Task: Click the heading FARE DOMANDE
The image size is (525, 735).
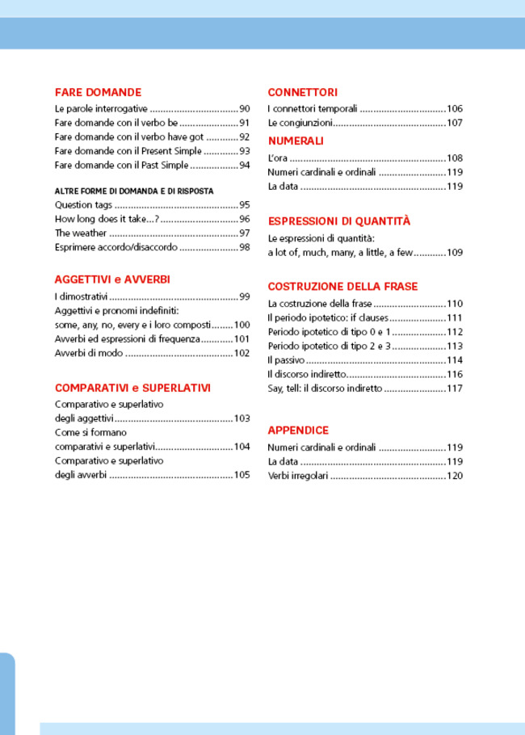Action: pyautogui.click(x=98, y=92)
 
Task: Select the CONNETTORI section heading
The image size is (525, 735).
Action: pyautogui.click(x=302, y=92)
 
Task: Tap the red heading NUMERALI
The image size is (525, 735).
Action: pyautogui.click(x=296, y=141)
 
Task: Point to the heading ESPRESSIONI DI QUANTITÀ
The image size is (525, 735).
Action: pyautogui.click(x=338, y=220)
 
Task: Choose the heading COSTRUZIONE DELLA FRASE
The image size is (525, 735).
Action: pyautogui.click(x=342, y=286)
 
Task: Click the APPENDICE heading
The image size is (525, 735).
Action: pyautogui.click(x=298, y=430)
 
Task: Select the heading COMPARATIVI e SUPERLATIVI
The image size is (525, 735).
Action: pyautogui.click(x=132, y=388)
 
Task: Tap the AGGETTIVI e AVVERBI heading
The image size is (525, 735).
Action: pyautogui.click(x=111, y=279)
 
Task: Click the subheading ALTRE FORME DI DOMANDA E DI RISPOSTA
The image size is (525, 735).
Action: pyautogui.click(x=133, y=191)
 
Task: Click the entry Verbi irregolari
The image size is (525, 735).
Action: pyautogui.click(x=298, y=476)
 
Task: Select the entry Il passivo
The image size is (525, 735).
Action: pyautogui.click(x=286, y=359)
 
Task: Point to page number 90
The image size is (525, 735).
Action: pyautogui.click(x=244, y=108)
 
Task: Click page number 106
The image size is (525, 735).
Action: pyautogui.click(x=455, y=108)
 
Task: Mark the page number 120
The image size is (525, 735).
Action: pyautogui.click(x=455, y=476)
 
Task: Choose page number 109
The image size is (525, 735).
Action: pyautogui.click(x=455, y=252)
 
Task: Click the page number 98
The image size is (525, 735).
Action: pyautogui.click(x=244, y=247)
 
